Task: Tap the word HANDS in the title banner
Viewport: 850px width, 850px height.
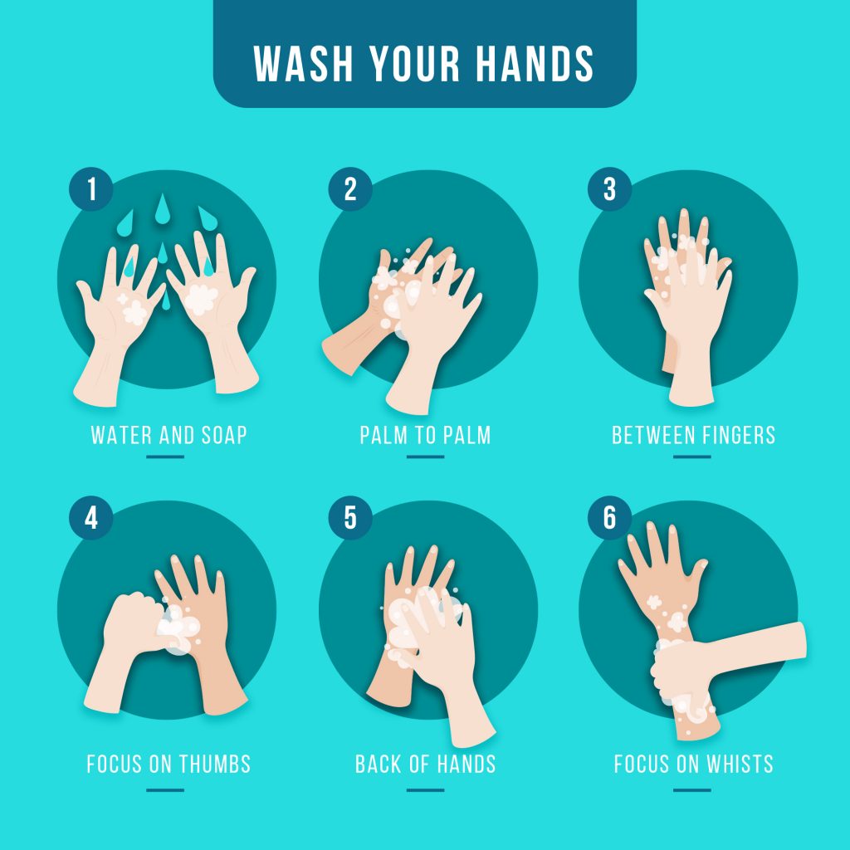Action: click(x=535, y=63)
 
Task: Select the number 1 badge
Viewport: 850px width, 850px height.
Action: click(x=91, y=189)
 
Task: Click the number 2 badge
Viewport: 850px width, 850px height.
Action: click(x=350, y=189)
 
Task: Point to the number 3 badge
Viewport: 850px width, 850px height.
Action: click(x=610, y=189)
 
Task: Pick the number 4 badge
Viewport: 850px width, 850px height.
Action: click(x=91, y=518)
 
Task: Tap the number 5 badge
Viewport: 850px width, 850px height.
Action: click(x=350, y=518)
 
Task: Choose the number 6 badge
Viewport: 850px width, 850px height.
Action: click(x=610, y=518)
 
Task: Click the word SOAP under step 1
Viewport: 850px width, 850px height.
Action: click(x=224, y=435)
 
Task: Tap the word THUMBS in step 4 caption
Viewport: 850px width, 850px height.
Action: click(x=215, y=764)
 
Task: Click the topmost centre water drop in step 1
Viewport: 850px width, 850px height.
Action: click(x=162, y=208)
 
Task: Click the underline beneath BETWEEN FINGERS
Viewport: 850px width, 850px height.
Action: click(x=692, y=457)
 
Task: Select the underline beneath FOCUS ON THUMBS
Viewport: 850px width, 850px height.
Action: click(x=165, y=790)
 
